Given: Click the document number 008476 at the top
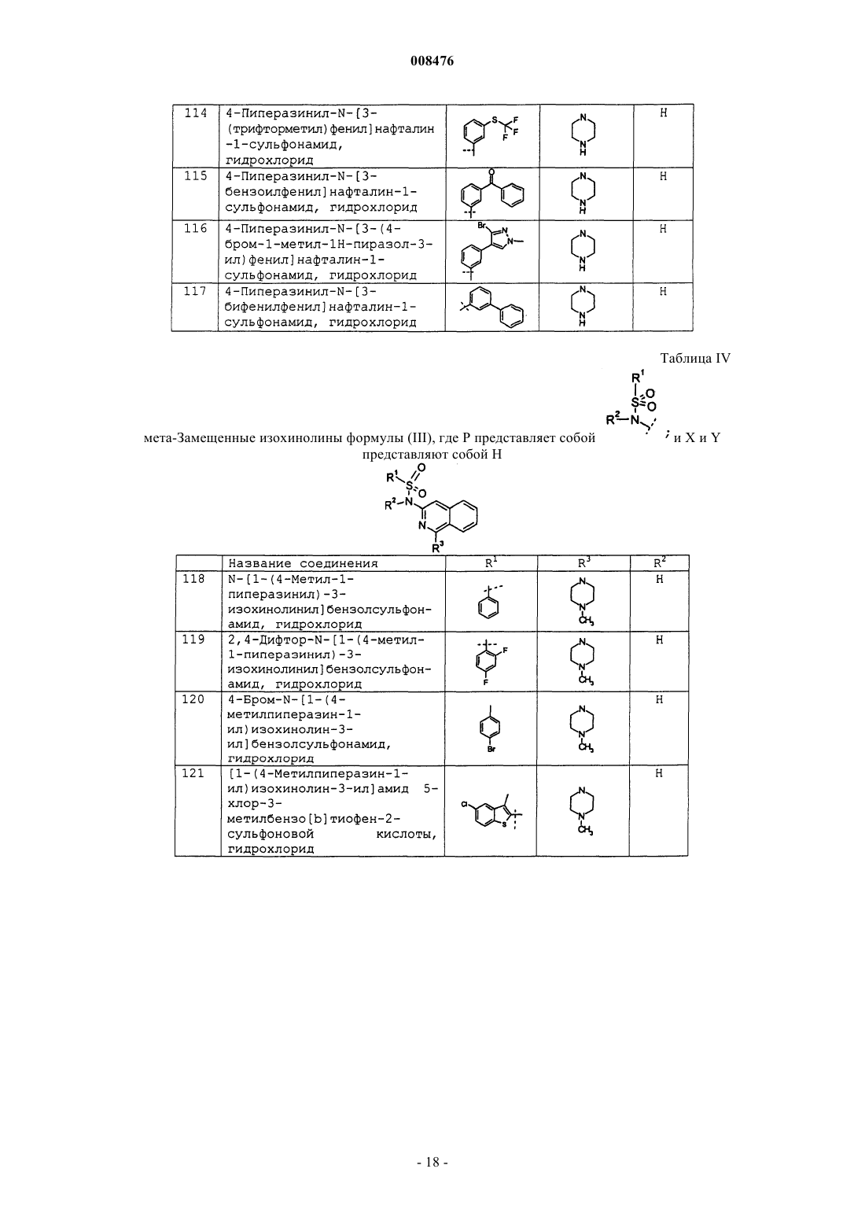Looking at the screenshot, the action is pyautogui.click(x=432, y=61).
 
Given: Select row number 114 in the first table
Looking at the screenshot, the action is pyautogui.click(x=196, y=113).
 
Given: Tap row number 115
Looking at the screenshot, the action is pyautogui.click(x=196, y=176).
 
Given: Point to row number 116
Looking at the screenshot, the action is pyautogui.click(x=196, y=228).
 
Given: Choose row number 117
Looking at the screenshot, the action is pyautogui.click(x=196, y=291).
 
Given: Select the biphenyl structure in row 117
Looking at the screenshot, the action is pyautogui.click(x=491, y=307).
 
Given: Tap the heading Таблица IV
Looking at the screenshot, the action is pyautogui.click(x=695, y=359).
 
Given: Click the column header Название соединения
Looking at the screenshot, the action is pyautogui.click(x=303, y=563).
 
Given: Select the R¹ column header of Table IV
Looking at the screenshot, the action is pyautogui.click(x=491, y=562).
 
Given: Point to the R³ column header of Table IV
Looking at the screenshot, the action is pyautogui.click(x=583, y=562).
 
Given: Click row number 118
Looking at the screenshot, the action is pyautogui.click(x=193, y=579).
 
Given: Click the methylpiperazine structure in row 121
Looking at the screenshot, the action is pyautogui.click(x=582, y=811).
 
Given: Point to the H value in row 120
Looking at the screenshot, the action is pyautogui.click(x=659, y=699).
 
